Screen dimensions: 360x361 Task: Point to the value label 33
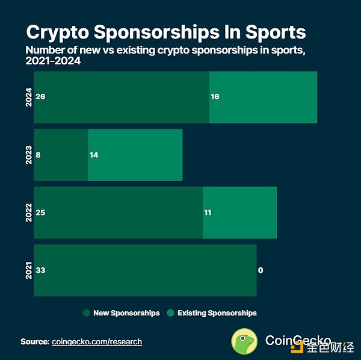coord(41,270)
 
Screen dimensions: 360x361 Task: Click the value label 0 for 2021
coord(261,270)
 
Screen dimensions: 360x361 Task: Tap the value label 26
coord(41,97)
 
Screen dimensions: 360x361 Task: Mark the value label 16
coord(215,97)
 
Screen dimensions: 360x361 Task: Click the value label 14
coord(93,155)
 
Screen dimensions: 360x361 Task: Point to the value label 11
coord(208,213)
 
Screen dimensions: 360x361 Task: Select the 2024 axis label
coord(28,97)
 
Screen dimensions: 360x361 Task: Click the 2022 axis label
coord(28,213)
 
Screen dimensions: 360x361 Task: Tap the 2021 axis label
coord(28,270)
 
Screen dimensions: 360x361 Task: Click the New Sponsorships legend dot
coord(86,313)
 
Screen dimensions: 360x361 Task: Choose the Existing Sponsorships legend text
coord(217,313)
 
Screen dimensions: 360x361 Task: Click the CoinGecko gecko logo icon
coord(245,341)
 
